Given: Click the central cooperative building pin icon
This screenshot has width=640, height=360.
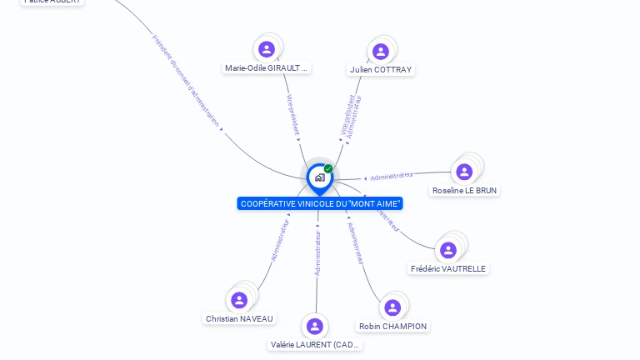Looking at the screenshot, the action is click(319, 177).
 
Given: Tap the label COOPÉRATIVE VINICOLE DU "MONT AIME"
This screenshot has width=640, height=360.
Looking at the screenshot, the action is click(320, 203).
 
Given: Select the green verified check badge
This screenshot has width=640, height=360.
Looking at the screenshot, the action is click(328, 168).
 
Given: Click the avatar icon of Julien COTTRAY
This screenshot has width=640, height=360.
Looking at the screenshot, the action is click(381, 52).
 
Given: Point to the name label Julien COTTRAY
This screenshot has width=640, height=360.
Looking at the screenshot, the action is click(381, 70).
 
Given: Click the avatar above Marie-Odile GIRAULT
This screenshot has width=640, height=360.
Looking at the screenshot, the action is click(267, 49).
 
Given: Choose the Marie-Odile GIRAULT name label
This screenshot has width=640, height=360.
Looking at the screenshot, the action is click(267, 68).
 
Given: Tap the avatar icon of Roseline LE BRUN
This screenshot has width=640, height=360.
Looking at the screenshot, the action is click(464, 172).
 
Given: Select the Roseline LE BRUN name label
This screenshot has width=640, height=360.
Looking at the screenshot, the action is click(464, 191).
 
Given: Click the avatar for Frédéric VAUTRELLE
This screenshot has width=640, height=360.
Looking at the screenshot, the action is click(448, 250).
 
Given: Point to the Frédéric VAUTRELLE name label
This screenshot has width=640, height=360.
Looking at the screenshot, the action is click(448, 268).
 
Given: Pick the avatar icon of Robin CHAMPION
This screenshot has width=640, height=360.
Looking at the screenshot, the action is click(392, 307).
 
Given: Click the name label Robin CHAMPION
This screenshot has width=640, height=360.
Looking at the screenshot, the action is click(392, 327).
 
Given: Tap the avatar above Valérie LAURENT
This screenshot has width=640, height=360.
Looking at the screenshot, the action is click(314, 326).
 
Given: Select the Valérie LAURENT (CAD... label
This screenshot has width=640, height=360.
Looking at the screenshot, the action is click(316, 344).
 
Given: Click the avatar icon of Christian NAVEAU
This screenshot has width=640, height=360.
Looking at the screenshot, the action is click(239, 300).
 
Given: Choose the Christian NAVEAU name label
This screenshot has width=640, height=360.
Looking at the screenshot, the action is click(239, 319).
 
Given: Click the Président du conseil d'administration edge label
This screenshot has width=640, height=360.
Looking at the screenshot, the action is click(186, 80).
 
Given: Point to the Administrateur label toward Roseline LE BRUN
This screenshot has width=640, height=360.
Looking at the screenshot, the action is click(392, 176).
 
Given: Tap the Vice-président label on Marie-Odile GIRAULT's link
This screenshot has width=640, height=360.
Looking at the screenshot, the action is click(292, 115).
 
